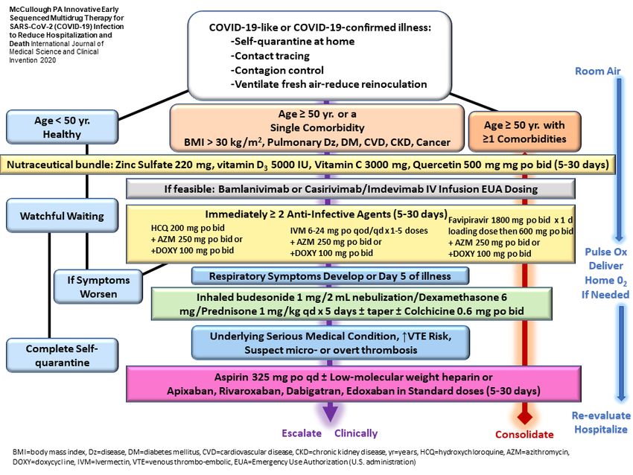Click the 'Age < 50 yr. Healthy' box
[x=62, y=127]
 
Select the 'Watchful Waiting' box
[x=62, y=216]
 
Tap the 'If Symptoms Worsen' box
[x=98, y=287]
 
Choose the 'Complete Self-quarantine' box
[x=62, y=355]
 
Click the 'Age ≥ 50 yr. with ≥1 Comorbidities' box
[x=524, y=132]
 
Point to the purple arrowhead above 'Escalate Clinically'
[x=330, y=413]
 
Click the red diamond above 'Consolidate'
[x=524, y=417]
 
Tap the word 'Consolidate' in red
[x=524, y=435]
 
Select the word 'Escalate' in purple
[x=302, y=433]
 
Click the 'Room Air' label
[x=597, y=71]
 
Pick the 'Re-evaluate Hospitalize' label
[x=601, y=423]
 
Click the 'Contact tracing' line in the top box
[x=270, y=56]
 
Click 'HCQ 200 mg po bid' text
[x=188, y=228]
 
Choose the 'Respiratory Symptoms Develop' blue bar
[x=330, y=276]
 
